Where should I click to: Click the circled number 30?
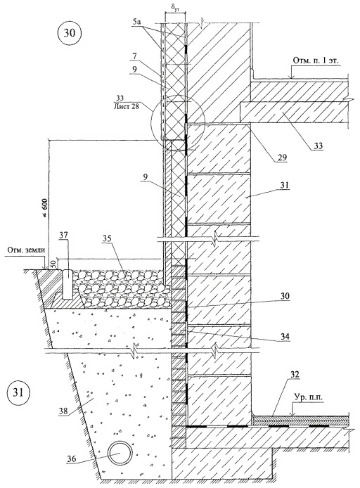[x=70, y=33]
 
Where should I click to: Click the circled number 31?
[x=18, y=393]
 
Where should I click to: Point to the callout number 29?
[x=281, y=158]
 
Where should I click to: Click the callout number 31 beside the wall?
[x=284, y=186]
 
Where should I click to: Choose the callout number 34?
[x=285, y=336]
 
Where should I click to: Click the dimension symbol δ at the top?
[x=175, y=7]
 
